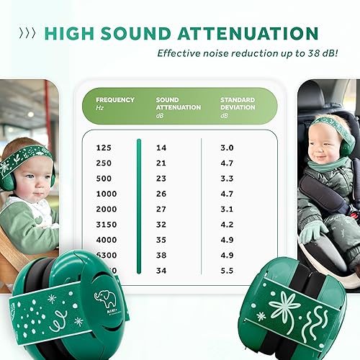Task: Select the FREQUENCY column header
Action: pyautogui.click(x=115, y=99)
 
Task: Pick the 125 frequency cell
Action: pyautogui.click(x=103, y=147)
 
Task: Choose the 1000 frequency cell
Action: pyautogui.click(x=106, y=193)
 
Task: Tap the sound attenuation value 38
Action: pyautogui.click(x=161, y=254)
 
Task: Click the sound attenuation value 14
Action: pyautogui.click(x=161, y=147)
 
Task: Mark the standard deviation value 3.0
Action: pyautogui.click(x=227, y=147)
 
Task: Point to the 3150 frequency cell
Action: pyautogui.click(x=106, y=224)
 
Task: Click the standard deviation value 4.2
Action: pyautogui.click(x=227, y=224)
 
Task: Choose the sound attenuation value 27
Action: pyautogui.click(x=161, y=209)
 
